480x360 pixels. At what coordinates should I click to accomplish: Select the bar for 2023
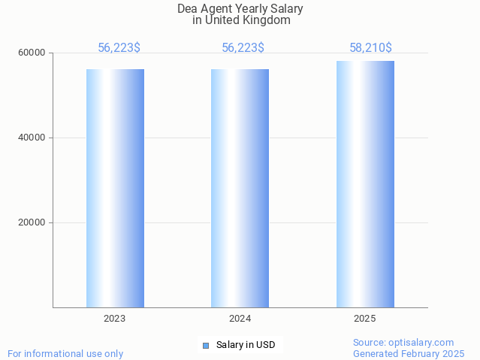coord(115,188)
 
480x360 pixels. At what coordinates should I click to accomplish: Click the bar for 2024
coord(240,188)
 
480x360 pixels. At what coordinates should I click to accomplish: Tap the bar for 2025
coord(365,184)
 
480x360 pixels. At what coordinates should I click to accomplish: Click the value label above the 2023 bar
coord(119,48)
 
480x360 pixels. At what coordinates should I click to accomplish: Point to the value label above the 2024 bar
coord(243,48)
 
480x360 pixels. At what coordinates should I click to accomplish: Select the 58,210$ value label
coord(370,48)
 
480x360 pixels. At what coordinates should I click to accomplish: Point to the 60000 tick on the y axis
coord(32,53)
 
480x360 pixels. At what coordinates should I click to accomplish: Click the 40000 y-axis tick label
coord(32,138)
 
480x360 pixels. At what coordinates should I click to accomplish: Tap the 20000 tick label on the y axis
coord(32,223)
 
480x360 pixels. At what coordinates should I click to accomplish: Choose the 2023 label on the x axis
coord(115,319)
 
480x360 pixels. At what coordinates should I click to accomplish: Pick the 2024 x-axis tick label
coord(240,319)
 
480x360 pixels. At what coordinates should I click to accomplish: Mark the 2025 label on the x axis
coord(365,319)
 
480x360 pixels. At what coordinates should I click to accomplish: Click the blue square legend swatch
coord(205,346)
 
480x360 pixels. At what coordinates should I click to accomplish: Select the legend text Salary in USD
coord(246,346)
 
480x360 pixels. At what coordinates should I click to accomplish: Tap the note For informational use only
coord(65,354)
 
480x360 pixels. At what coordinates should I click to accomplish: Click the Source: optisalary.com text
coord(403,343)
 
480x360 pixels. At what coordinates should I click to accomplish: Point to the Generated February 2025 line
coord(409,354)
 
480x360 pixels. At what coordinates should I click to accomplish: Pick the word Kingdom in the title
coord(269,20)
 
